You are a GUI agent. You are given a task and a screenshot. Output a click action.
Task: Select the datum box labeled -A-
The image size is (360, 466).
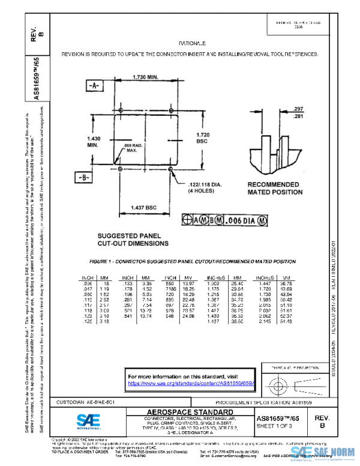click(x=94, y=86)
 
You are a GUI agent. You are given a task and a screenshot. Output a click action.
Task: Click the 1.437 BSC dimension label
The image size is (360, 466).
click(x=144, y=208)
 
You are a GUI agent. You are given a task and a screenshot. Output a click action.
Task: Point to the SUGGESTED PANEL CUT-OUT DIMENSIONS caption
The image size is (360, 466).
click(x=133, y=240)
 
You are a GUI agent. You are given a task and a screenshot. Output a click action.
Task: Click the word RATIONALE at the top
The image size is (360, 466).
click(x=192, y=44)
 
